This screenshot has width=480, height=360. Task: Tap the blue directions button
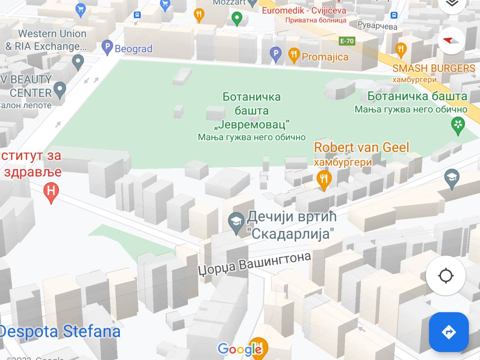pos(448,332)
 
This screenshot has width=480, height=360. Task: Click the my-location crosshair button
pos(446,276)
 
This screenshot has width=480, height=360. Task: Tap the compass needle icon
pos(451,40)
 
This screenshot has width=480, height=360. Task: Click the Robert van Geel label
pos(361,148)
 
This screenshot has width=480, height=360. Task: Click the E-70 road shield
pos(346,41)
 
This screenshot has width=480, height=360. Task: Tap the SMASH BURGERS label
pos(434,68)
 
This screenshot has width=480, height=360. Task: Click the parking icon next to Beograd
pos(107,48)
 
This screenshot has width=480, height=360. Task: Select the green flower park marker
pos(458,125)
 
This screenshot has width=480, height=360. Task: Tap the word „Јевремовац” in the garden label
pos(252,124)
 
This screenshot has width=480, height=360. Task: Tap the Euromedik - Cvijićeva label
pos(304,10)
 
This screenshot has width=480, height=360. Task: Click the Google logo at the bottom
pos(239,350)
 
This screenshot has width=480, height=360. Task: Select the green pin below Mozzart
pos(237,18)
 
